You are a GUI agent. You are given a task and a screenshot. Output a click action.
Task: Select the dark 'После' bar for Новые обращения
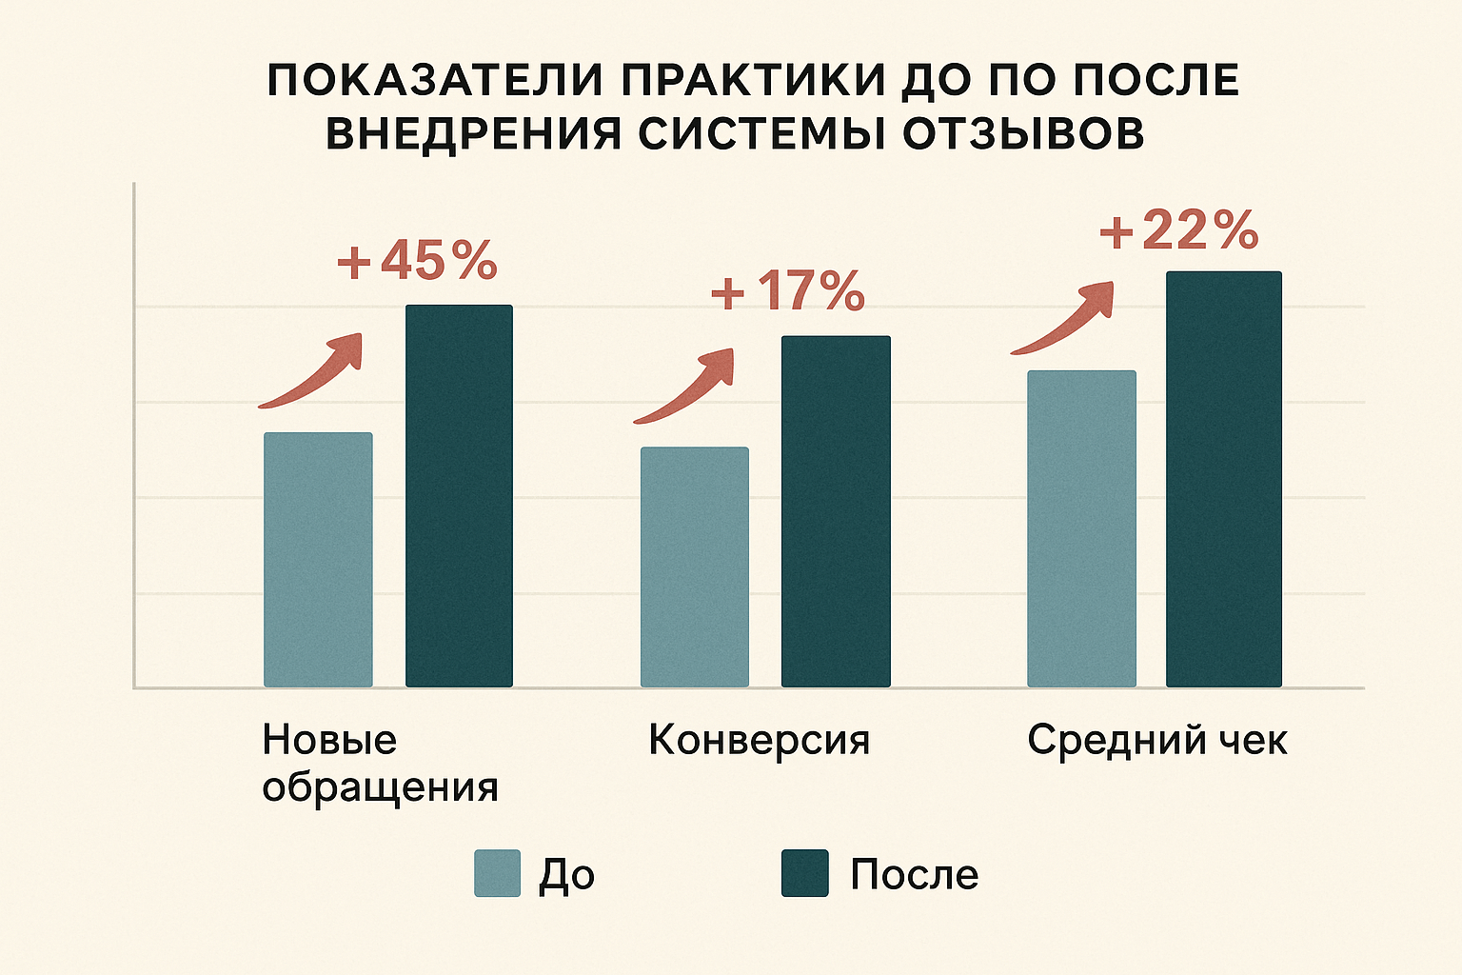(459, 496)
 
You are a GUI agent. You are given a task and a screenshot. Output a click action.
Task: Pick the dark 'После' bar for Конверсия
(836, 511)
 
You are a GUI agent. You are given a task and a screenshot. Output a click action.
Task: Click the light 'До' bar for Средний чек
(1081, 528)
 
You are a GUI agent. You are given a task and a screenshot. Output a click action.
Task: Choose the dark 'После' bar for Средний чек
(1224, 479)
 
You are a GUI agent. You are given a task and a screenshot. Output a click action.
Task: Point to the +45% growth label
(417, 261)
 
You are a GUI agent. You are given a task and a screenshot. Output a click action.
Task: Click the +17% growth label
(788, 291)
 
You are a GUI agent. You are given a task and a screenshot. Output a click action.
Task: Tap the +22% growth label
(1179, 230)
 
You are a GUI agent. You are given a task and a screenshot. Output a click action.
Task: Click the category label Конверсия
(759, 740)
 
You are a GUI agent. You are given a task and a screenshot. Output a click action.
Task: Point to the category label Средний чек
(1156, 740)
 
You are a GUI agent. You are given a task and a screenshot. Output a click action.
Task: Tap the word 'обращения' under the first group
(380, 787)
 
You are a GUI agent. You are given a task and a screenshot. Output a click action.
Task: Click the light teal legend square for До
(498, 873)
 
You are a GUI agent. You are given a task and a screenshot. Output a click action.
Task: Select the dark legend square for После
(805, 873)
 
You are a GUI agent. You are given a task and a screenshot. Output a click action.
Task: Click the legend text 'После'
(914, 874)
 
